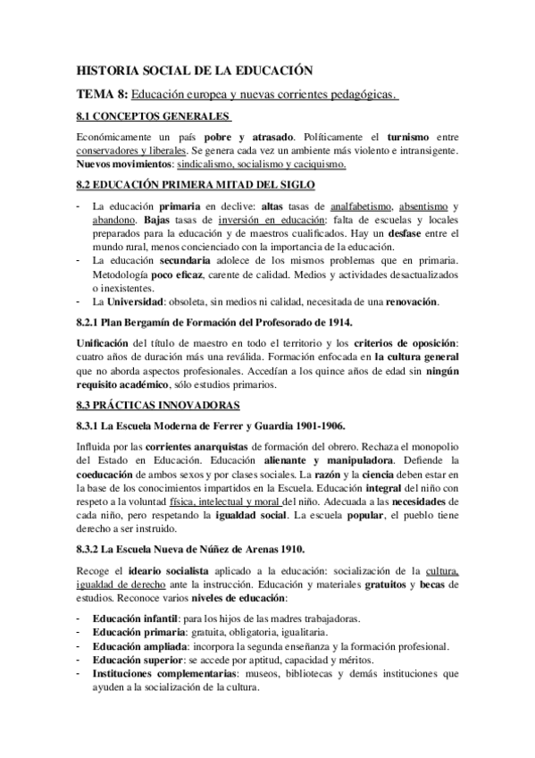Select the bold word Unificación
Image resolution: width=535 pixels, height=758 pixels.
[104, 342]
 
